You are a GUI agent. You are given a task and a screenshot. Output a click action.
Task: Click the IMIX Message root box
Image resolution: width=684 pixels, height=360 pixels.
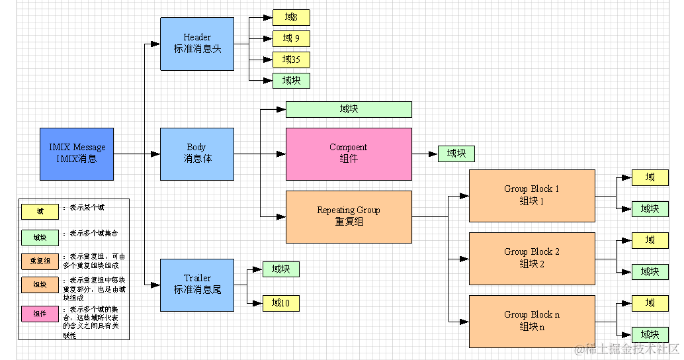[77, 154]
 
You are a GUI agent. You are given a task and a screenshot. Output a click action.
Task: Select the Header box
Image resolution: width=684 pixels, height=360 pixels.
[197, 44]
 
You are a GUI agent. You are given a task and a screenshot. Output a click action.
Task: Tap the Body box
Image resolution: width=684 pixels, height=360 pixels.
[197, 154]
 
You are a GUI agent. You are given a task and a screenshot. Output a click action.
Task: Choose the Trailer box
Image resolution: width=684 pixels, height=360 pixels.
[197, 285]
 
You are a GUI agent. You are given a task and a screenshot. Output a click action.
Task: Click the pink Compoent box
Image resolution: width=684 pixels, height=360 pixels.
[349, 154]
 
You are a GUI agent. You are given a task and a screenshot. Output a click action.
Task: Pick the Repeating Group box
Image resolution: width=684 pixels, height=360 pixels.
[349, 216]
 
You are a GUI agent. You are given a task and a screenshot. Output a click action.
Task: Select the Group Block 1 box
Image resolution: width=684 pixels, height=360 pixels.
[532, 195]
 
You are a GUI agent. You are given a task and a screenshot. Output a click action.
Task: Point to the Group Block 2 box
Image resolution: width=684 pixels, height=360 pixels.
[532, 258]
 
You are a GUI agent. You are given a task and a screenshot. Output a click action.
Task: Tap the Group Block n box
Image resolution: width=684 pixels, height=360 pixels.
[532, 321]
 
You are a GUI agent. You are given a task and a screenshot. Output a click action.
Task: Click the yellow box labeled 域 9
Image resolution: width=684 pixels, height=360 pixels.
[291, 38]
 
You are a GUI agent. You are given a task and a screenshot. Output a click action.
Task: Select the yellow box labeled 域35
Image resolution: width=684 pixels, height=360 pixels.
[291, 60]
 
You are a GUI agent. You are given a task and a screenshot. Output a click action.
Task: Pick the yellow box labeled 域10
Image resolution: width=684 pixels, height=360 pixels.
[281, 303]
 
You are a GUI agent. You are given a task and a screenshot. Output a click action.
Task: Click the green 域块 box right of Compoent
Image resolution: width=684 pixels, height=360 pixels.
[456, 154]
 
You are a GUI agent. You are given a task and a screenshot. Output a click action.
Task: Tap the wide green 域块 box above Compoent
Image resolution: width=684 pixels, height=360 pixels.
[349, 109]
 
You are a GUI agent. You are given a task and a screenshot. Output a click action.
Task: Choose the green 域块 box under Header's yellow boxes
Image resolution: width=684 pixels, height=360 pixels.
[291, 81]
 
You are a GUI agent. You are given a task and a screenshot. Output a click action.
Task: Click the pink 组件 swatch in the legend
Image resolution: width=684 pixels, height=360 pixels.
[40, 313]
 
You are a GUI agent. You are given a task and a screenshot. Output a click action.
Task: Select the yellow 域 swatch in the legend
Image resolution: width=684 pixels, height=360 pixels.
[40, 211]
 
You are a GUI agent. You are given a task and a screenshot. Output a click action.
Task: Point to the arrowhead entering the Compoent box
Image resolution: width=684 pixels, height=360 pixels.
[281, 154]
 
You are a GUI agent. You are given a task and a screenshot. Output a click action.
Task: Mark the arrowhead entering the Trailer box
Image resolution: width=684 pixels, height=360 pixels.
[155, 285]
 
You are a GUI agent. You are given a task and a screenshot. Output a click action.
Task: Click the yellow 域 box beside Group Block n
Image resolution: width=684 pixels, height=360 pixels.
[650, 303]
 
